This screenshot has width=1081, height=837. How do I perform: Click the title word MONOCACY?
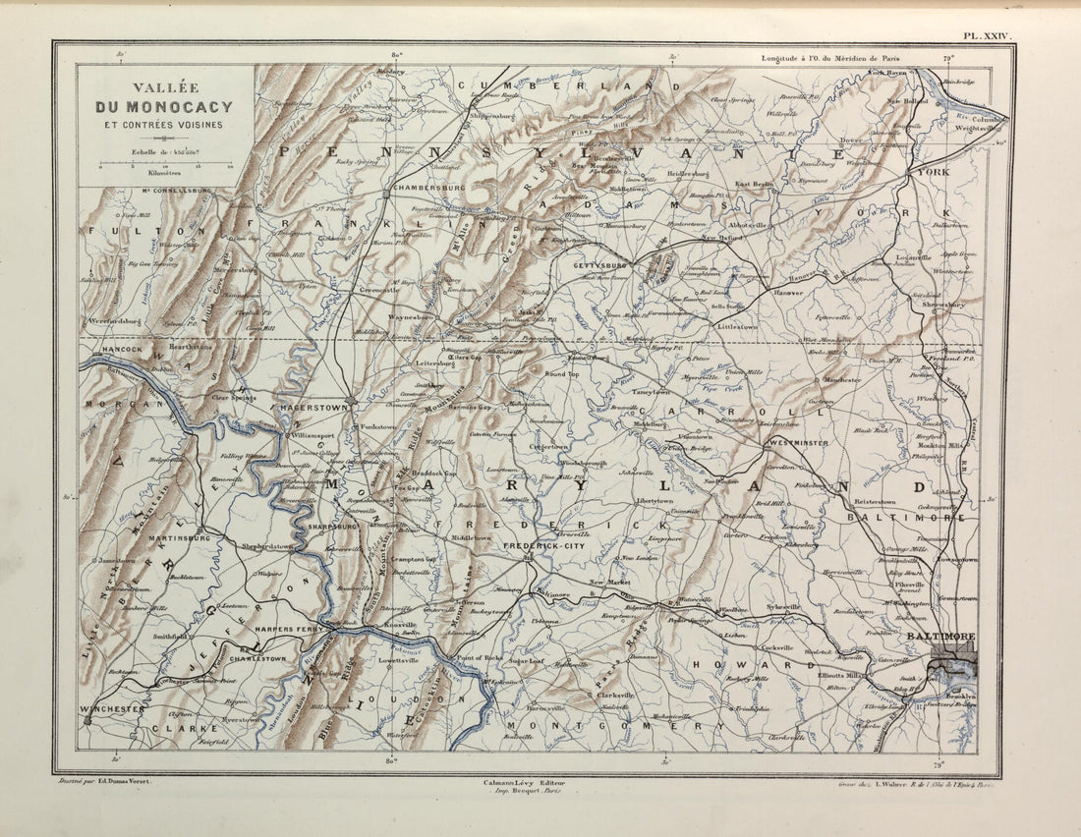point(186,107)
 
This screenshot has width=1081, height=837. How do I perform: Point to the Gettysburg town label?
point(600,265)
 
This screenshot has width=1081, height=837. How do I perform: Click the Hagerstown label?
point(314,406)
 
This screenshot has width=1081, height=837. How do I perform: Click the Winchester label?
point(113,708)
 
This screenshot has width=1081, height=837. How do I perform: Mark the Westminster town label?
point(798,443)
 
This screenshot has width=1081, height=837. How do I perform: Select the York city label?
point(933,172)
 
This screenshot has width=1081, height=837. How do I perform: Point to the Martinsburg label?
point(180,538)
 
